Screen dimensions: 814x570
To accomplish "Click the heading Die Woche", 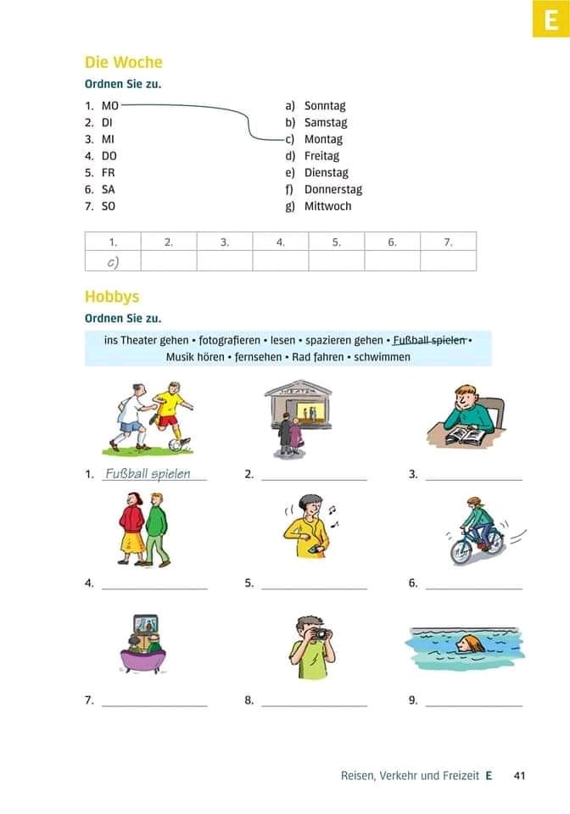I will click(123, 62).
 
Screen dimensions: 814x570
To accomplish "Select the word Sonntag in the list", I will click(325, 106).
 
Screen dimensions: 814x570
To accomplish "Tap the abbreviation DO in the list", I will click(109, 156).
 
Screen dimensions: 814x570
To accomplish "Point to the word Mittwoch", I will click(327, 206).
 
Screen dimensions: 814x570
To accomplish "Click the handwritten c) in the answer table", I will click(113, 262).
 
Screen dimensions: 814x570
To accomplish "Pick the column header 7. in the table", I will click(448, 242).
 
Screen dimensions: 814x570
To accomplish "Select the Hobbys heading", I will click(112, 297).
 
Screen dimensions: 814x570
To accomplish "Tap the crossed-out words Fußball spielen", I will click(430, 341).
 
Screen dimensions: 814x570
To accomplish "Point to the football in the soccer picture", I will click(175, 443).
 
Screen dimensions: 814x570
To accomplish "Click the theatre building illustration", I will click(299, 407).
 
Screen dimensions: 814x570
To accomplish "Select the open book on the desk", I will click(464, 435).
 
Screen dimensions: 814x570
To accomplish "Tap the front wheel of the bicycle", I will click(461, 551).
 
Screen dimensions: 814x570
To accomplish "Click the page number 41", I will click(521, 775).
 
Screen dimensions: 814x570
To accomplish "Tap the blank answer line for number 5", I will click(314, 588).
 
